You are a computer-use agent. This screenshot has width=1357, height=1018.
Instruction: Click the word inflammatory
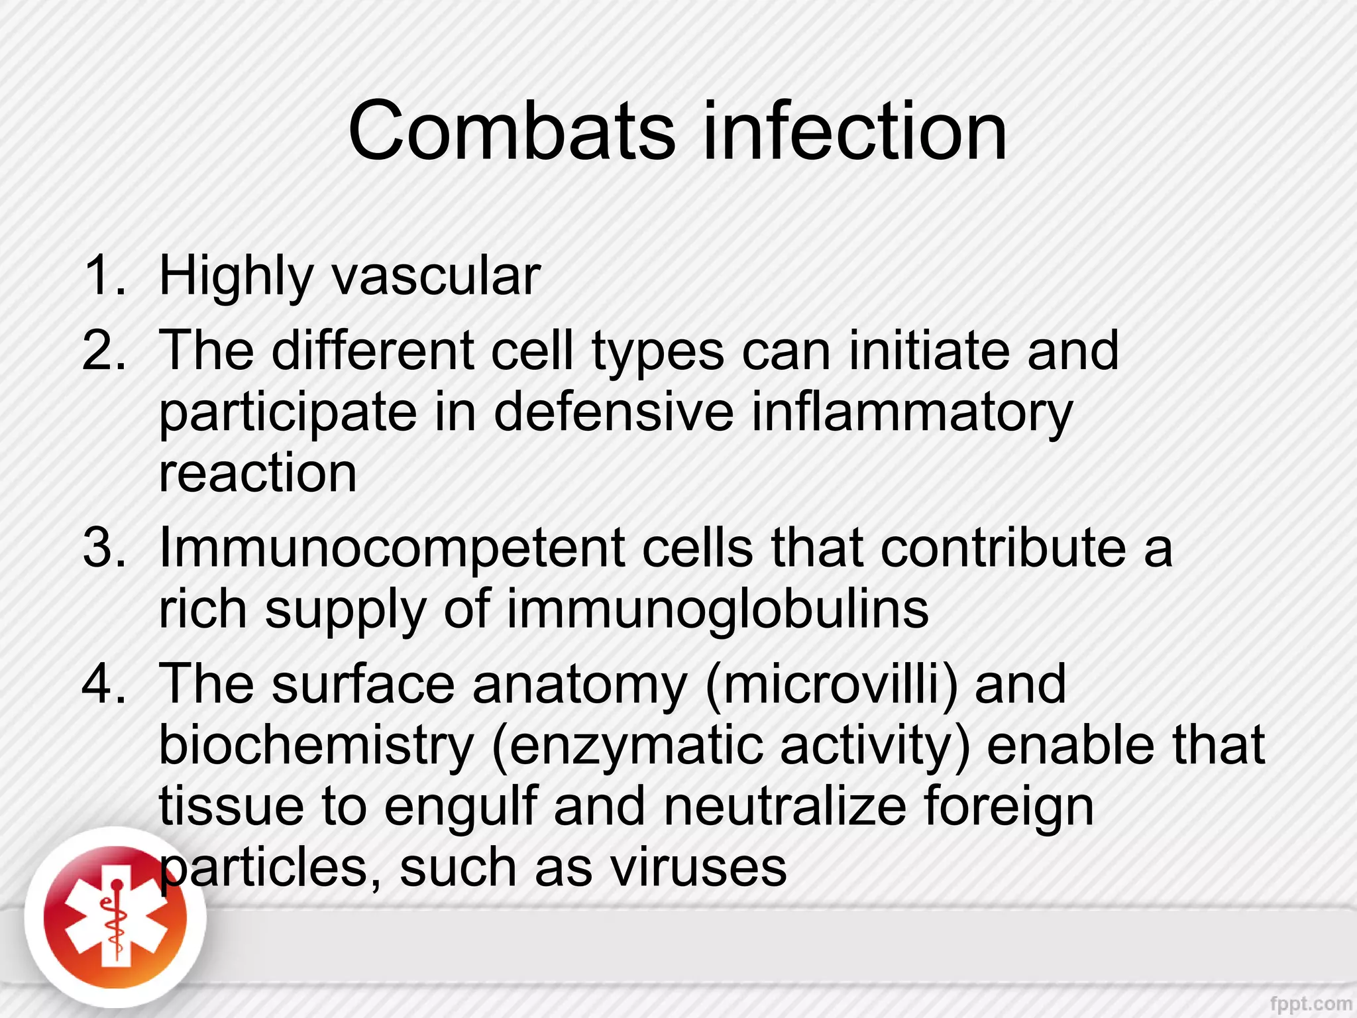pos(912,412)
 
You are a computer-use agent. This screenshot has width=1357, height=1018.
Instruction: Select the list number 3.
pos(104,548)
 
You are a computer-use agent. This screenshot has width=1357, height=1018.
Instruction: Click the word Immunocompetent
pos(391,548)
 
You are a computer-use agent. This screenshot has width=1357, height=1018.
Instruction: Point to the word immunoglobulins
pos(718,610)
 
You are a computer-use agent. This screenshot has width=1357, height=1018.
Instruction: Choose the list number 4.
pos(104,684)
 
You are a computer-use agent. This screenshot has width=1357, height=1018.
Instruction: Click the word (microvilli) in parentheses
pos(832,684)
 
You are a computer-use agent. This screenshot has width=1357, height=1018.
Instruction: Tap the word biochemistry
pos(316,746)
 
